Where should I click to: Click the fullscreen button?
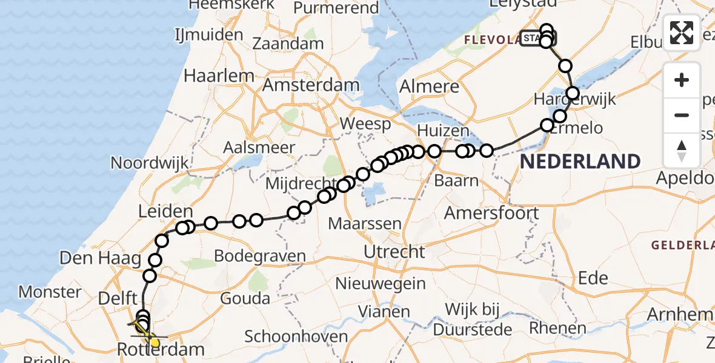(682, 33)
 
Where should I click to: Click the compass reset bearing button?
(682, 151)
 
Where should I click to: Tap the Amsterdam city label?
(311, 85)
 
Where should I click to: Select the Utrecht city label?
(394, 251)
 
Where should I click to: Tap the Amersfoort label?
(491, 213)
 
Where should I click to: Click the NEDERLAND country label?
(580, 162)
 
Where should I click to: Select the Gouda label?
(245, 298)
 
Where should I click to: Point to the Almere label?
(430, 86)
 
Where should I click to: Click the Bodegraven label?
(261, 256)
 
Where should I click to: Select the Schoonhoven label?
(296, 337)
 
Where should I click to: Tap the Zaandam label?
(288, 44)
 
